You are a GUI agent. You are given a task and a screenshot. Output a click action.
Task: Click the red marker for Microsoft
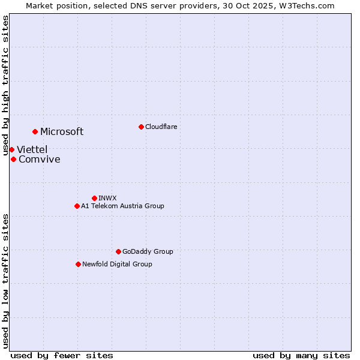35,131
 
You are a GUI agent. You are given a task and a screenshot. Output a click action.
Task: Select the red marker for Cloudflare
141,127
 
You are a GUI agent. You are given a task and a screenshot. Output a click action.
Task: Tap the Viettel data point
11,149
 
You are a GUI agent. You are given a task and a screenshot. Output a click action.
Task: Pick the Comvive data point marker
13,159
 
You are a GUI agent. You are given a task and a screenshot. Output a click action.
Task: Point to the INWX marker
94,198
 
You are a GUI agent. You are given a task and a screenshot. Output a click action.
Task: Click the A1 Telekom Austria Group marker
77,206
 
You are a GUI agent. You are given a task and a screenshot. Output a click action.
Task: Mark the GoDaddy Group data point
118,251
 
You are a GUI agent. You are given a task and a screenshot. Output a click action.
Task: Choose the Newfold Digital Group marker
78,264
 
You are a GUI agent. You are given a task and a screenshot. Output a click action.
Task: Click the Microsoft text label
62,132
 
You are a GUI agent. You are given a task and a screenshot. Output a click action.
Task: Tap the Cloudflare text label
161,127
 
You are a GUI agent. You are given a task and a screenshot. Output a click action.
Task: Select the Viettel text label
32,149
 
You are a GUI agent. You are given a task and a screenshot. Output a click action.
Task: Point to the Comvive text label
40,160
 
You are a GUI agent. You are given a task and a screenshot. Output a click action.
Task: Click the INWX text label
108,198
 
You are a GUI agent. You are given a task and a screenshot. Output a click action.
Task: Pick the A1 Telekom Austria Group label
122,206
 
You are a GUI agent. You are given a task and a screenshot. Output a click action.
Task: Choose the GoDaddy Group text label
148,251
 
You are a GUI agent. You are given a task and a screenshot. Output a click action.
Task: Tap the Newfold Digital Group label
117,264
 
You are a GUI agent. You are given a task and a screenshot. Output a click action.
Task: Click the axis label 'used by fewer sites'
62,355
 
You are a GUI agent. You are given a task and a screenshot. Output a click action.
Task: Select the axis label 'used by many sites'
301,355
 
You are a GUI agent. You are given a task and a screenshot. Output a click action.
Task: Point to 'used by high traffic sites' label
6,77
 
